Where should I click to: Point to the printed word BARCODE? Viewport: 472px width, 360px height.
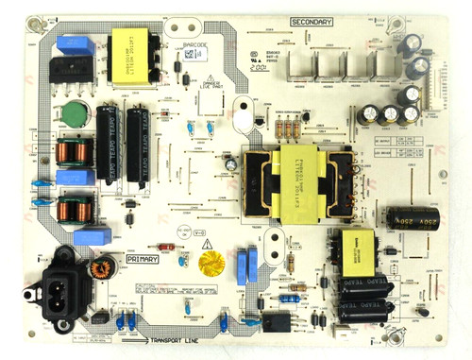click(x=177, y=43)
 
